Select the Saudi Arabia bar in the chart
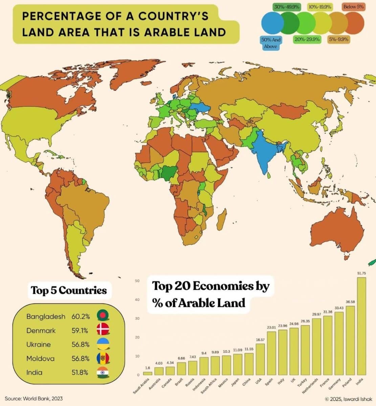148,373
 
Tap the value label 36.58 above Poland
350,302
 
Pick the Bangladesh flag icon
102,316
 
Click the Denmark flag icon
102,330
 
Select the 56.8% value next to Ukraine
81,344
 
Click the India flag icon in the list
102,373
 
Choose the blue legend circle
272,23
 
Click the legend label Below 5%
353,7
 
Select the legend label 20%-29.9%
307,39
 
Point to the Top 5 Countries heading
69,290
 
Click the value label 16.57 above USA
260,339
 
